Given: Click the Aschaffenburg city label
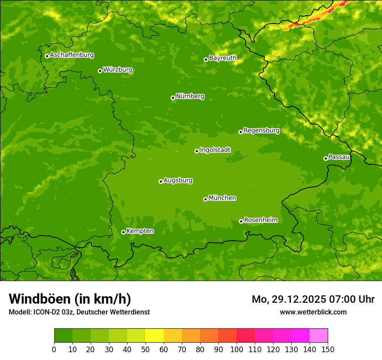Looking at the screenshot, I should click(72, 55).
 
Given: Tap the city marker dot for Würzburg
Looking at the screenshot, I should click(100, 71).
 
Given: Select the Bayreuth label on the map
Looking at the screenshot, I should click(223, 58).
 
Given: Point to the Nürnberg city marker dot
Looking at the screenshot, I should click(173, 98).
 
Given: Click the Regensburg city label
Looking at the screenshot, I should click(261, 131).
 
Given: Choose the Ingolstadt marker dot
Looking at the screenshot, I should click(197, 151).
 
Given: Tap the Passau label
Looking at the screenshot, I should click(339, 157).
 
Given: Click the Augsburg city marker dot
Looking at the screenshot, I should click(161, 181).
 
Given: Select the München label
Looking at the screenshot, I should click(222, 198).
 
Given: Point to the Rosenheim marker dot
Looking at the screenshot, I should click(241, 221).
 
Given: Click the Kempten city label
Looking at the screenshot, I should click(140, 231).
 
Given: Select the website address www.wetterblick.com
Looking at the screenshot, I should click(313, 312).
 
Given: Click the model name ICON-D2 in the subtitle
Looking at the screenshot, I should click(47, 312).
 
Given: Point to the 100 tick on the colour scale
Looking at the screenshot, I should click(237, 343).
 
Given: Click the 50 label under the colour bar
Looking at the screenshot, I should click(145, 350).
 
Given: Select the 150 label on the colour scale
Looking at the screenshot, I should click(328, 350).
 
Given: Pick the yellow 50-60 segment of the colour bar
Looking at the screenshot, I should click(155, 336).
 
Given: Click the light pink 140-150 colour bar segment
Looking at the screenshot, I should click(319, 336).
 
